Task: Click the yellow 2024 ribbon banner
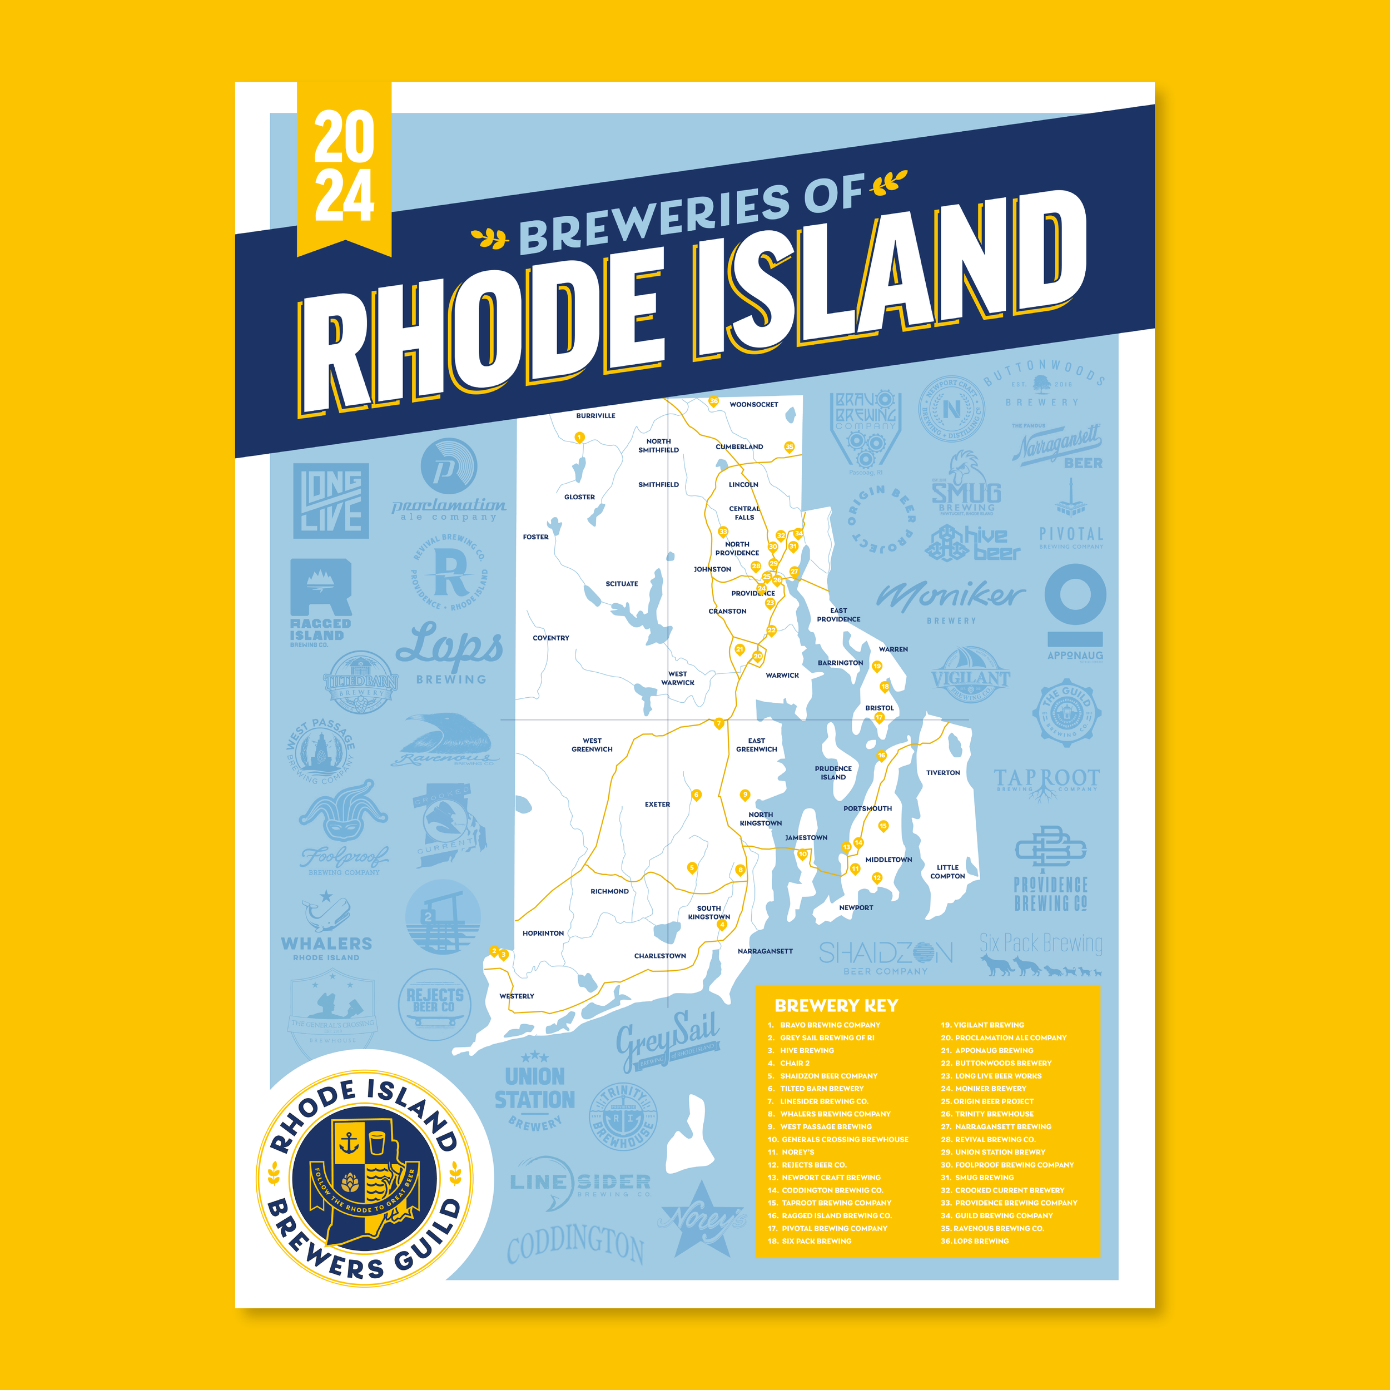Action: click(x=344, y=167)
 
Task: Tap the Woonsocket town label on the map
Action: click(x=753, y=404)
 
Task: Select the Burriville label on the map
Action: click(x=595, y=416)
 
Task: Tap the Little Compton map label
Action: click(x=947, y=871)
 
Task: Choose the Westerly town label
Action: click(x=517, y=996)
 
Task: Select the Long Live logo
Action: click(x=331, y=501)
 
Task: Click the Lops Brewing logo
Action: click(x=450, y=652)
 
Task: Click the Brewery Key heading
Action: click(x=836, y=1005)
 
